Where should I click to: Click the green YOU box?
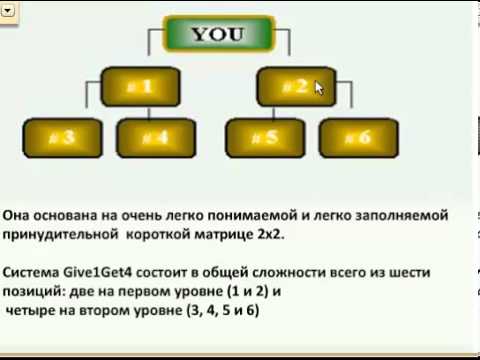click(217, 34)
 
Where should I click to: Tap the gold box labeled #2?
click(295, 87)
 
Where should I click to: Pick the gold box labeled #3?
click(63, 136)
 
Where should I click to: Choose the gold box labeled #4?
click(156, 136)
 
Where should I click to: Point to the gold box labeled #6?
click(359, 136)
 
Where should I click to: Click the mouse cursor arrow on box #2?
click(319, 88)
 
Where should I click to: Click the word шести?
click(418, 270)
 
